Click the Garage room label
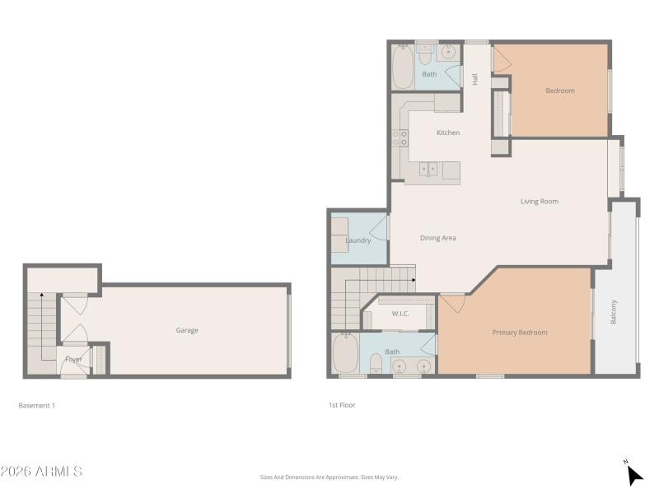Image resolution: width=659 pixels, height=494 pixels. click(x=187, y=330)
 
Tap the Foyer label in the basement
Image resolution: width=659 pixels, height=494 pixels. click(x=73, y=359)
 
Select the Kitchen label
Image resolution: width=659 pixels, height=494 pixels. click(x=448, y=133)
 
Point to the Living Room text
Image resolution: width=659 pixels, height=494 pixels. click(x=540, y=201)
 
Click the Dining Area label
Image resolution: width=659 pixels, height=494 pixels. click(x=438, y=238)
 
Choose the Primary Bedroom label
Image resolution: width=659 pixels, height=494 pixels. click(x=520, y=333)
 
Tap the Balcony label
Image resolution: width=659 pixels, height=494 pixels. click(x=615, y=312)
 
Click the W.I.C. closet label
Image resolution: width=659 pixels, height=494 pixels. click(x=400, y=314)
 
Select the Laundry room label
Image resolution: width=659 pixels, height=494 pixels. click(x=358, y=240)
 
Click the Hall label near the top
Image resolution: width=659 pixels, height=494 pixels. click(x=475, y=79)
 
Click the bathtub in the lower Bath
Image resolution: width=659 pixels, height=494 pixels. click(x=345, y=354)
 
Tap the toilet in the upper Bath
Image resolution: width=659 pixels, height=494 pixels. click(x=426, y=54)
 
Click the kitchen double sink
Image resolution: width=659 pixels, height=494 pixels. click(x=429, y=170)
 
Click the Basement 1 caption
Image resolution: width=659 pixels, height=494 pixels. click(x=36, y=405)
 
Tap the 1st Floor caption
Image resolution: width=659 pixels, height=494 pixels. click(x=341, y=405)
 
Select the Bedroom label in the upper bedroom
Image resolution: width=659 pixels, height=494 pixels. click(x=560, y=91)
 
